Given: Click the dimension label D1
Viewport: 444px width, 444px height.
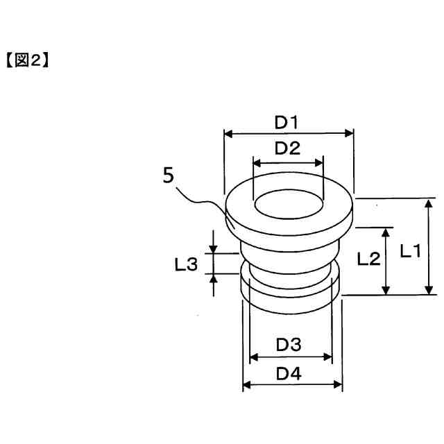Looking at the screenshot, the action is pyautogui.click(x=287, y=123).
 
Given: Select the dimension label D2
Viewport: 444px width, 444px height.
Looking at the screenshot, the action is pyautogui.click(x=287, y=148).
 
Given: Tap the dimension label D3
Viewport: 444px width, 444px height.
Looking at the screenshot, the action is pyautogui.click(x=288, y=344).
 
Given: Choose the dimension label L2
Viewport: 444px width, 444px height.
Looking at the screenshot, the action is pyautogui.click(x=368, y=259).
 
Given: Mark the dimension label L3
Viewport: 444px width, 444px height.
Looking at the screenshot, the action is pyautogui.click(x=186, y=264).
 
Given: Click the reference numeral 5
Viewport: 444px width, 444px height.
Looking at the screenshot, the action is pyautogui.click(x=168, y=176).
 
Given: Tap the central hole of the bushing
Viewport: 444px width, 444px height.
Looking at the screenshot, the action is pyautogui.click(x=288, y=206).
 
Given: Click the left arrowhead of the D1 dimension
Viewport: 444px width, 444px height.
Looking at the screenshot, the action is pyautogui.click(x=228, y=133).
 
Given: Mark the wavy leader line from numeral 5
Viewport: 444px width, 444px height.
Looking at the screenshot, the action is pyautogui.click(x=201, y=201).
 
